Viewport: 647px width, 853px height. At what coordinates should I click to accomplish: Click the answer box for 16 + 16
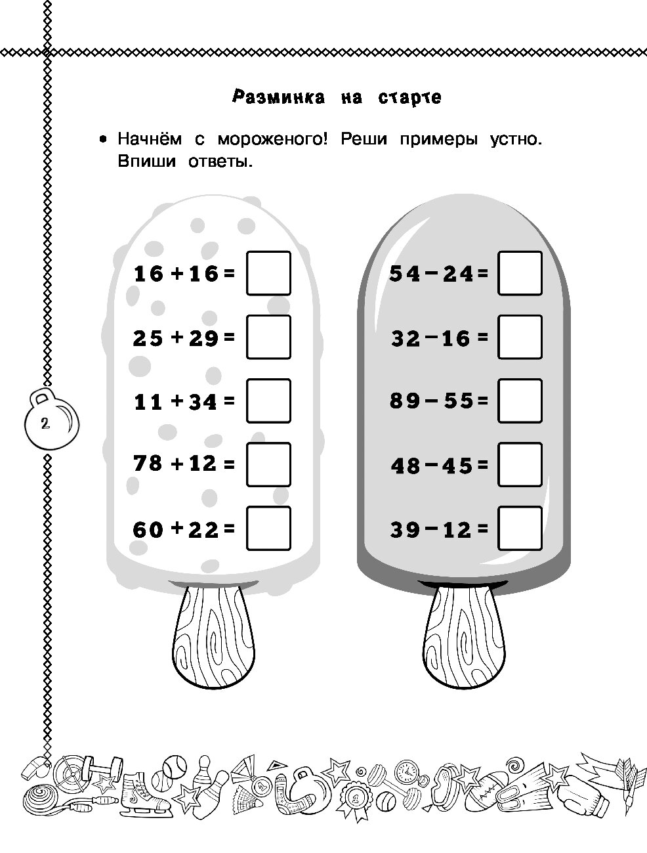pos(268,273)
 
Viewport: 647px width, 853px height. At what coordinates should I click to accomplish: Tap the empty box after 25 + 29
pos(268,337)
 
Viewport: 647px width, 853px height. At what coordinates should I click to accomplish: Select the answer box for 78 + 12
pos(268,464)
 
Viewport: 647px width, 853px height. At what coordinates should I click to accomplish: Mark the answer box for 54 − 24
pos(520,273)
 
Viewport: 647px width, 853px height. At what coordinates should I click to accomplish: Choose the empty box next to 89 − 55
pos(520,401)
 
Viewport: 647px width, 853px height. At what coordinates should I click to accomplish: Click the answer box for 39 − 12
pos(520,529)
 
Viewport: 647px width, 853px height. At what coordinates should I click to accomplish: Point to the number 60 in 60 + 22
pos(148,529)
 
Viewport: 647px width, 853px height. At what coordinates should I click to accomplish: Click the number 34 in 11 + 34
pos(203,401)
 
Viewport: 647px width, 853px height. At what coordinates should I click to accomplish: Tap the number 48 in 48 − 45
pos(406,466)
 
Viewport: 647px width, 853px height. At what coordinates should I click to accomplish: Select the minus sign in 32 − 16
pos(431,336)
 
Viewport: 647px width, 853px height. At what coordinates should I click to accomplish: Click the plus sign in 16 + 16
pos(177,274)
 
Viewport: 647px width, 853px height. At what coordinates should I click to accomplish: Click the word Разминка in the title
pos(278,98)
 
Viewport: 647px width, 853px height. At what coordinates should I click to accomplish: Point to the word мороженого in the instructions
pos(272,139)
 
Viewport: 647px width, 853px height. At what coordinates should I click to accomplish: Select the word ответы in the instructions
pos(220,162)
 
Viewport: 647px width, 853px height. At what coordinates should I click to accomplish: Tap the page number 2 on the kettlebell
pos(45,423)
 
